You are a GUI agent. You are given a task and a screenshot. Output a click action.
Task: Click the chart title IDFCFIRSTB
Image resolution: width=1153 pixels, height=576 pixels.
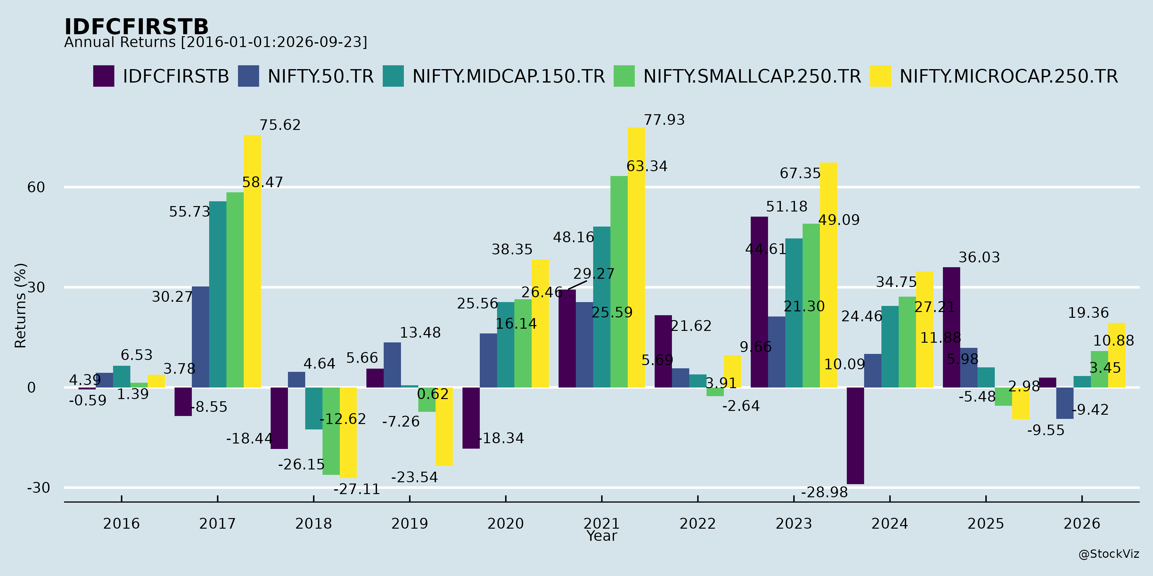[136, 27]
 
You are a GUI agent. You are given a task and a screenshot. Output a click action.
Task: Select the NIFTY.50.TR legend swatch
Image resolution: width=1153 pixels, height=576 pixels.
[249, 76]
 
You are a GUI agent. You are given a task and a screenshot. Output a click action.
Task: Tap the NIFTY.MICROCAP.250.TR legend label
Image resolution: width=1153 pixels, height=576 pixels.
[1009, 76]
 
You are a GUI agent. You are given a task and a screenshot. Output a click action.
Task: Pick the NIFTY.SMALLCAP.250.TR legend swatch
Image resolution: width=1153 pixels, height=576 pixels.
[624, 76]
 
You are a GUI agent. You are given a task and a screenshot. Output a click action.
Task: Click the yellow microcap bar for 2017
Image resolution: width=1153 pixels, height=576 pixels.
[252, 261]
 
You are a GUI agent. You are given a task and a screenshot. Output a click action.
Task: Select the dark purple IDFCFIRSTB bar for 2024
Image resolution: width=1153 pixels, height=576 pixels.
[855, 436]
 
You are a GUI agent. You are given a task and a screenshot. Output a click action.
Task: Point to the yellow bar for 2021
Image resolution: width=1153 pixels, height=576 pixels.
[636, 257]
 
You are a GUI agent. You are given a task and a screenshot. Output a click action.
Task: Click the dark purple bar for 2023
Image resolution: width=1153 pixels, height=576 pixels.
[759, 302]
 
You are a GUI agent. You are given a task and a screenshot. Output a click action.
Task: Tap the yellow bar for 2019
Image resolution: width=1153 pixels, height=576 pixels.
[444, 427]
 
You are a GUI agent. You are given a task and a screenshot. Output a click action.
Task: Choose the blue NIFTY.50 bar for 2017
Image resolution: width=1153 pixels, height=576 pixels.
[200, 337]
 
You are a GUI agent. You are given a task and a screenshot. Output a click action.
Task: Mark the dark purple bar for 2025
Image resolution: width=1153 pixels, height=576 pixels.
[952, 327]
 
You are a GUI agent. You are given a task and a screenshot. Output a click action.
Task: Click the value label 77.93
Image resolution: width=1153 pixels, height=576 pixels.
[664, 120]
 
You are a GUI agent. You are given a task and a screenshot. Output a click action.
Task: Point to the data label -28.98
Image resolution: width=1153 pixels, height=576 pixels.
[824, 492]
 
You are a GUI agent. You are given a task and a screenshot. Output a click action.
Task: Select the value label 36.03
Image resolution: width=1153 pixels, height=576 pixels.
[979, 258]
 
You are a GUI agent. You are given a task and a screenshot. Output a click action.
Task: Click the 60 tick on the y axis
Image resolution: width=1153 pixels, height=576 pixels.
[36, 188]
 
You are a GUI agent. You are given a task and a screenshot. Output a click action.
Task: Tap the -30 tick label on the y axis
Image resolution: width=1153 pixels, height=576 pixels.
[38, 487]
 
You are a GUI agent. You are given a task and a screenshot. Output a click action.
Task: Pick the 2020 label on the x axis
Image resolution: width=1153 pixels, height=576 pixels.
[505, 524]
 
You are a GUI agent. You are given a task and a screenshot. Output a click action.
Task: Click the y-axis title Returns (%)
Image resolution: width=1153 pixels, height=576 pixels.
[20, 306]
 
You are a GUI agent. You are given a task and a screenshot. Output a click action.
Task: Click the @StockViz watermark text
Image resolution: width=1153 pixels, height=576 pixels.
[1109, 554]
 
